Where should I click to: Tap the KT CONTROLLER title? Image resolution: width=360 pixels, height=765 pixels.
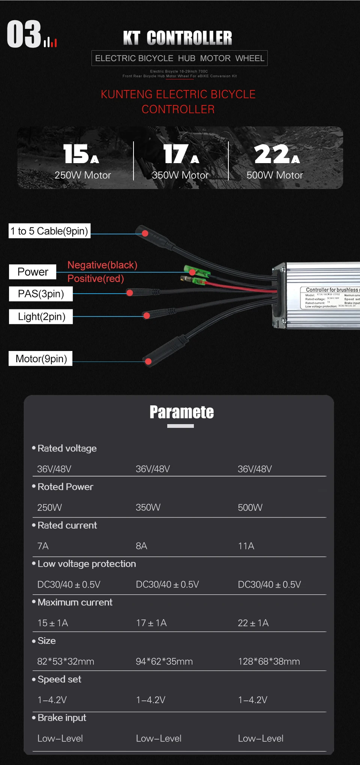click(178, 38)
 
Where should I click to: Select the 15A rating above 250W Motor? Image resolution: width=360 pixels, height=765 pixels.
click(81, 154)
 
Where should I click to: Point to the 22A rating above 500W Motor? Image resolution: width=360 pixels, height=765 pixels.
click(277, 154)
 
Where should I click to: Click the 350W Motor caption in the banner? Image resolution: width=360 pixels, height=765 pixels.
click(180, 175)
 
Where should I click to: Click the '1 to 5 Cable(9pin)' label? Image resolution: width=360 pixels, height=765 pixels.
click(49, 231)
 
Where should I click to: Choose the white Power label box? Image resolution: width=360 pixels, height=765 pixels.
click(33, 272)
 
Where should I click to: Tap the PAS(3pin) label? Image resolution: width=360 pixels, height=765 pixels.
click(41, 294)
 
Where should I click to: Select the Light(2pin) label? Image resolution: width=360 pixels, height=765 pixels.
click(41, 317)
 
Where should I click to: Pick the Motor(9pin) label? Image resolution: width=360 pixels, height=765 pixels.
click(41, 359)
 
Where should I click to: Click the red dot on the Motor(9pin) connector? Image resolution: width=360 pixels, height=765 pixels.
click(148, 361)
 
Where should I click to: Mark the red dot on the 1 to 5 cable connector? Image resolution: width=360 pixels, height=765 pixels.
click(145, 234)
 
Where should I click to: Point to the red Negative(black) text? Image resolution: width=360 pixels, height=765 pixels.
click(102, 265)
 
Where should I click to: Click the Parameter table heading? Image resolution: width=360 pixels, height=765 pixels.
click(181, 412)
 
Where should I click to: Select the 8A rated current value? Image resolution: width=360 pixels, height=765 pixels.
click(141, 546)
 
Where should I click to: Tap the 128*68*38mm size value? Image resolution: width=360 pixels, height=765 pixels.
click(269, 661)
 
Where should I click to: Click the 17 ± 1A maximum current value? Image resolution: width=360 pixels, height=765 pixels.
click(151, 623)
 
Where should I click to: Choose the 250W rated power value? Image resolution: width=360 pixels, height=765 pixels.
click(49, 507)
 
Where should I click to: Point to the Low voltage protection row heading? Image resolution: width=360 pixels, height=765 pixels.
click(87, 564)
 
